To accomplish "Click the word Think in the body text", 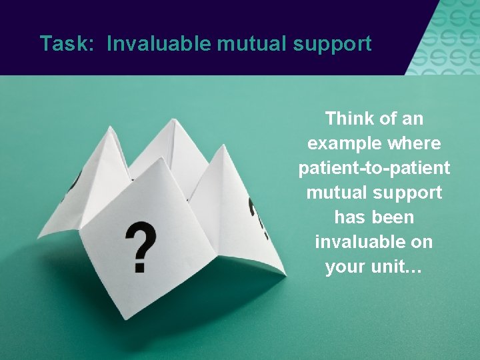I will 349,119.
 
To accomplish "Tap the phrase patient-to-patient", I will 374,169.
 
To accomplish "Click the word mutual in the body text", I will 336,193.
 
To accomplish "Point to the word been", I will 394,217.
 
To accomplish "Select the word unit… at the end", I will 397,267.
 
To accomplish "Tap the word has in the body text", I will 349,217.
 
